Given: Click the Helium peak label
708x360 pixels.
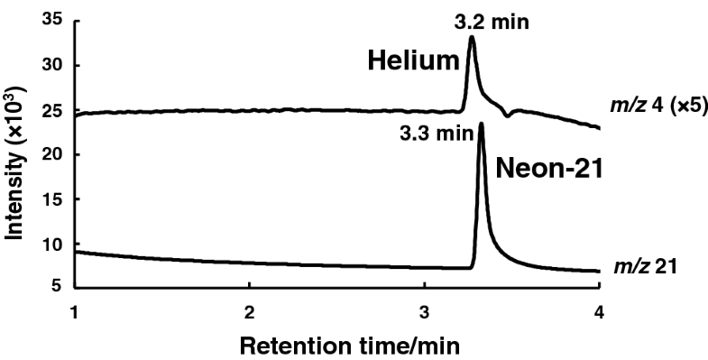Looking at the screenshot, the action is [x=414, y=61].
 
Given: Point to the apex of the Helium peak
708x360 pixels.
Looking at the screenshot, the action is [x=472, y=37].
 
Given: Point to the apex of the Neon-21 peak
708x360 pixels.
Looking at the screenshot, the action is [x=481, y=124].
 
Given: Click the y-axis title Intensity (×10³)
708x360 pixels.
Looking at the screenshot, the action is [x=16, y=158].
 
